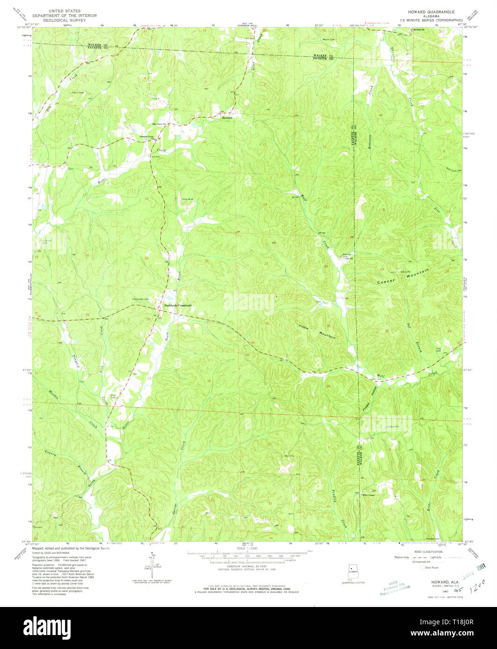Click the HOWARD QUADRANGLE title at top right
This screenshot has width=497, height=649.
[431, 11]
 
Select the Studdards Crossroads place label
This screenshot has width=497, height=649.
[178, 305]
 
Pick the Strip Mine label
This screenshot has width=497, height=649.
[187, 200]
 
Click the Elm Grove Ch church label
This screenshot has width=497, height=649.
[160, 124]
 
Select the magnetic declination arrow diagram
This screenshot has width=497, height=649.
[152, 565]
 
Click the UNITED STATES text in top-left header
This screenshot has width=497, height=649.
[67, 11]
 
